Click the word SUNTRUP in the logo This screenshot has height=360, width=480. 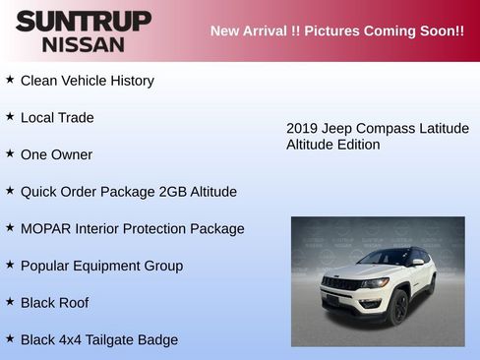83,22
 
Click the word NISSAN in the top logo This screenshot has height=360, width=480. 83,44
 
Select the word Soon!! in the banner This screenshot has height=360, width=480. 441,30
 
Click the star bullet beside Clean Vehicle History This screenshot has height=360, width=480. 10,79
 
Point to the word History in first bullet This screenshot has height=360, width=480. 128,81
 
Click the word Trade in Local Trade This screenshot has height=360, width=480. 76,118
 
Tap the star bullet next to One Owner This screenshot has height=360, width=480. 10,153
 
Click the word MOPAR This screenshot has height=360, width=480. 45,229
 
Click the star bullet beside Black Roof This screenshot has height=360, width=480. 10,301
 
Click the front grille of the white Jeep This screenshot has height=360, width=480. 340,284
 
